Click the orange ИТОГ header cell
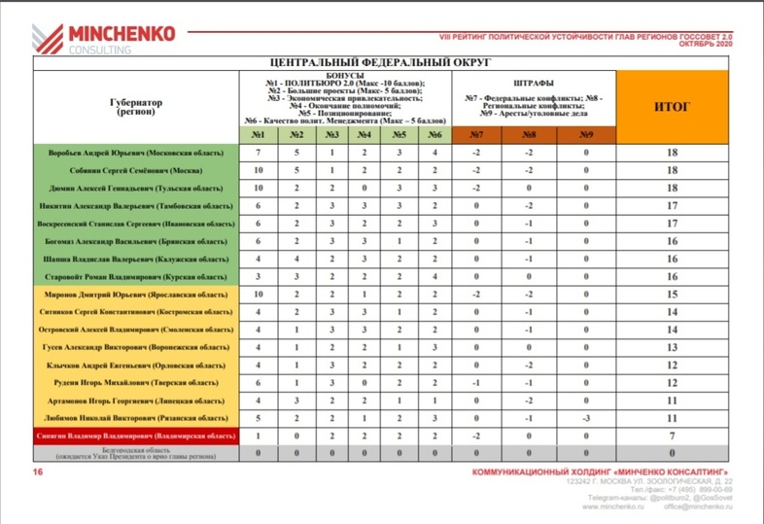coord(672,107)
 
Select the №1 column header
coord(258,134)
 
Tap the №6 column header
coord(434,134)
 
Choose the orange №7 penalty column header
coord(476,134)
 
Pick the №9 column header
coord(586,134)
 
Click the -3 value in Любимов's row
coord(586,418)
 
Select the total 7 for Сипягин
coord(672,437)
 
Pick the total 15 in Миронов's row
coord(672,294)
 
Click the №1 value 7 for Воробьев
coord(258,153)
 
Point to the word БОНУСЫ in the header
coord(345,75)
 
